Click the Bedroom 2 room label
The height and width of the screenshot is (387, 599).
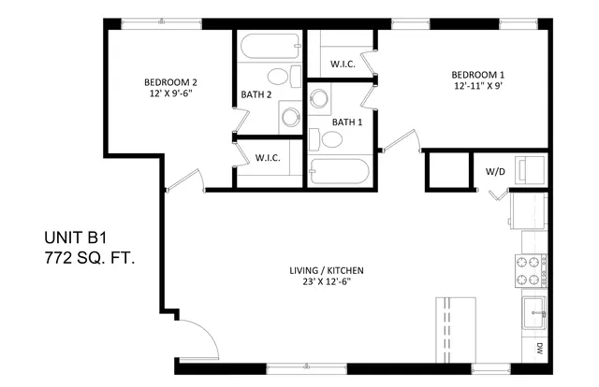(170, 82)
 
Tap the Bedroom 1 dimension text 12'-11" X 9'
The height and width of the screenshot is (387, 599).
(477, 86)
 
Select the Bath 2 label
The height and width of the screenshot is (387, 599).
(256, 94)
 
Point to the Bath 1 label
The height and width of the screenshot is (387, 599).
(347, 122)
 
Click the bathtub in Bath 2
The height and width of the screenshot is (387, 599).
(270, 46)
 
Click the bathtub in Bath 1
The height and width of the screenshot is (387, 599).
(339, 171)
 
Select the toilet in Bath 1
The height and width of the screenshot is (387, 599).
(326, 139)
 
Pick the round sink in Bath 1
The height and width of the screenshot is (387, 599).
(319, 98)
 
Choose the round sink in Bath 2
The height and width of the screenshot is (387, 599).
(291, 117)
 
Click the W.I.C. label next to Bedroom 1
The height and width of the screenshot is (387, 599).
(343, 64)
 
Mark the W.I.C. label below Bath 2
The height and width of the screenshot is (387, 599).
(268, 158)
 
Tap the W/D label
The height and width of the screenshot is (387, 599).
(495, 172)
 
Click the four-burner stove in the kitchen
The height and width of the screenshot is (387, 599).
(531, 271)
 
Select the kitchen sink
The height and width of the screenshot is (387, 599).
(534, 313)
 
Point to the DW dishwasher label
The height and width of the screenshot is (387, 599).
(539, 348)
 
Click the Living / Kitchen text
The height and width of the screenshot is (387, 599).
(327, 270)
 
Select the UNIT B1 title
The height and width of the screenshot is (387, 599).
(75, 237)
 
